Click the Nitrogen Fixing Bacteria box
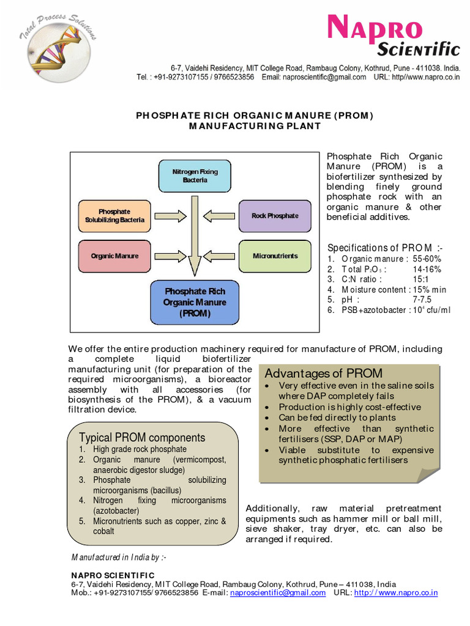tap(195, 176)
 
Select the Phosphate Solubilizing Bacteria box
tap(114, 216)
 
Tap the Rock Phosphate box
tap(275, 216)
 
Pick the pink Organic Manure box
tap(114, 256)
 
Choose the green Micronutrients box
tap(275, 256)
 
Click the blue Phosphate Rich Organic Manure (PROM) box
tap(195, 303)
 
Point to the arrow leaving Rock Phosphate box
tap(217, 216)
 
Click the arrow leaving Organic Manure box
tap(173, 256)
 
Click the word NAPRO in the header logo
tap(375, 29)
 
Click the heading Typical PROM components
tap(142, 438)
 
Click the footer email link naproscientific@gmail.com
tap(278, 592)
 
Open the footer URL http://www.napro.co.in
tap(396, 592)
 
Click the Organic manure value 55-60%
tap(427, 259)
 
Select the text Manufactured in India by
tap(119, 557)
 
